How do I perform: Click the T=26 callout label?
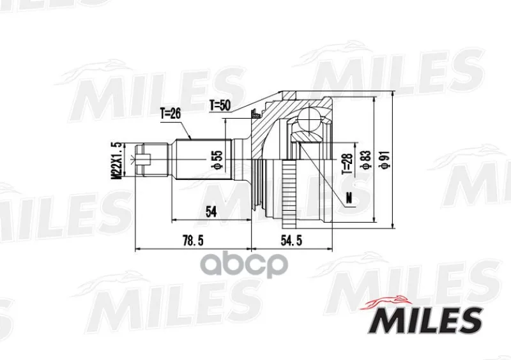[170, 114]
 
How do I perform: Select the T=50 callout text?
[220, 105]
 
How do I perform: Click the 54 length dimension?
[211, 212]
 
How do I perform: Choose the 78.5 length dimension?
[193, 241]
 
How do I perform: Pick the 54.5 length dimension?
[291, 241]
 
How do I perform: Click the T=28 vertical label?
[347, 163]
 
